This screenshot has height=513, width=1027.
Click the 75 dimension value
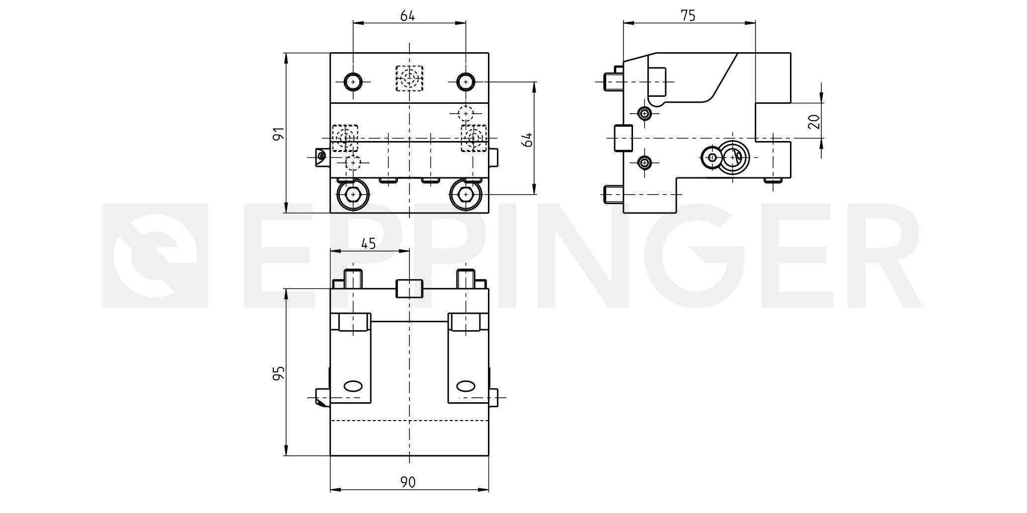click(688, 15)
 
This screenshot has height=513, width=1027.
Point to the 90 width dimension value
click(408, 481)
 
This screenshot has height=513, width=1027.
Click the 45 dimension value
click(368, 243)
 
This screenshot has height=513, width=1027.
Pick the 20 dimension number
click(813, 122)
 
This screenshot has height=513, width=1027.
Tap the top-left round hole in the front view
click(353, 81)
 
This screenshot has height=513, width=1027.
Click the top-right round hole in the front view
click(466, 81)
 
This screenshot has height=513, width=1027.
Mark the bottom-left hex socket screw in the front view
click(353, 194)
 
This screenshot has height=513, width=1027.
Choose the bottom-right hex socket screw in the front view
click(466, 194)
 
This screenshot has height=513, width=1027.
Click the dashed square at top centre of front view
click(409, 78)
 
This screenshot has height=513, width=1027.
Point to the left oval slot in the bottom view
click(353, 386)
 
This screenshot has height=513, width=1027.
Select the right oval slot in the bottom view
click(466, 386)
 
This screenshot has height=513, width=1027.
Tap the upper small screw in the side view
click(645, 114)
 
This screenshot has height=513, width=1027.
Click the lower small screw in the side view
click(645, 162)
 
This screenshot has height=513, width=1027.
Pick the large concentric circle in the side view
click(732, 158)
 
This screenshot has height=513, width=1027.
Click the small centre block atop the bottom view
click(409, 289)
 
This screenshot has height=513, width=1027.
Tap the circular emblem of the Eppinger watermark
click(155, 255)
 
